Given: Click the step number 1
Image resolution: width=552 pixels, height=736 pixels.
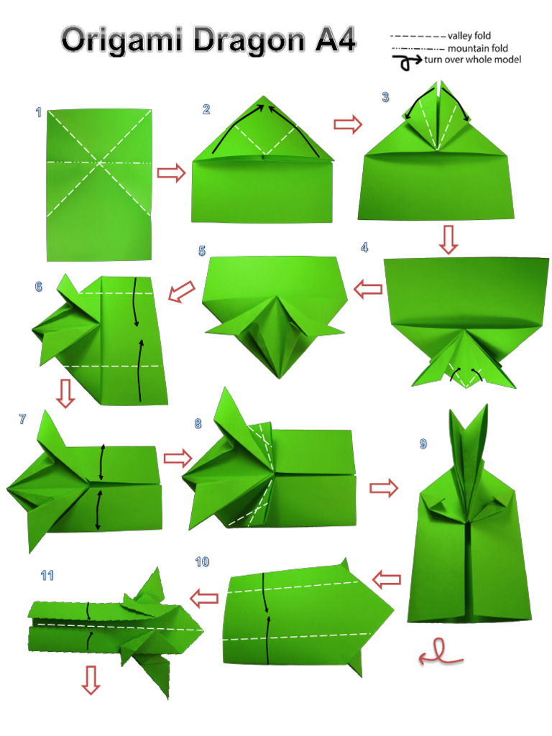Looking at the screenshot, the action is pyautogui.click(x=39, y=112).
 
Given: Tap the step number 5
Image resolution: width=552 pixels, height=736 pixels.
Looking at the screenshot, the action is pyautogui.click(x=202, y=251).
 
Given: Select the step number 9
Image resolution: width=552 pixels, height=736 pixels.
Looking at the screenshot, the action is pyautogui.click(x=423, y=443).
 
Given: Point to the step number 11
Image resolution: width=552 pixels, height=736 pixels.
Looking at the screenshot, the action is pyautogui.click(x=47, y=576).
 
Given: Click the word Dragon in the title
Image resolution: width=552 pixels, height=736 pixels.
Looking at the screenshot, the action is pyautogui.click(x=249, y=40).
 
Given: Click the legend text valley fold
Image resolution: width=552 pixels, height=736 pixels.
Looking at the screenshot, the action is pyautogui.click(x=469, y=36).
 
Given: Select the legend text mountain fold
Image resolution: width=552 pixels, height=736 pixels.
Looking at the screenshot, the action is pyautogui.click(x=477, y=48).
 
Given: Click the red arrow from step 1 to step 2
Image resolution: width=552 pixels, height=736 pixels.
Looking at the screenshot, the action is pyautogui.click(x=171, y=172).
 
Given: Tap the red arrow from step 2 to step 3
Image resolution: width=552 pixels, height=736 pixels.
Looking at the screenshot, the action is pyautogui.click(x=348, y=124).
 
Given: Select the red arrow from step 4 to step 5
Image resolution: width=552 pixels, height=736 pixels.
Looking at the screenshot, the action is pyautogui.click(x=368, y=290).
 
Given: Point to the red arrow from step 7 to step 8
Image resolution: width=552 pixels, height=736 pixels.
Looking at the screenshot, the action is pyautogui.click(x=178, y=458).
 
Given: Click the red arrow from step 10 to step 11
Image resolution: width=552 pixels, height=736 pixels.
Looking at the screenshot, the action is pyautogui.click(x=204, y=599).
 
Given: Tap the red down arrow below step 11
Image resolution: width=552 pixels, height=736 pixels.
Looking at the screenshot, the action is pyautogui.click(x=91, y=680).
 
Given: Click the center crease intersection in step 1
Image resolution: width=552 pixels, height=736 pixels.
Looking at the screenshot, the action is pyautogui.click(x=99, y=163).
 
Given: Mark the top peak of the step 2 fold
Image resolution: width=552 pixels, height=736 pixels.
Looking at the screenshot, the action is pyautogui.click(x=263, y=96).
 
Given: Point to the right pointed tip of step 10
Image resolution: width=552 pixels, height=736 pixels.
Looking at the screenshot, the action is pyautogui.click(x=393, y=609).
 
